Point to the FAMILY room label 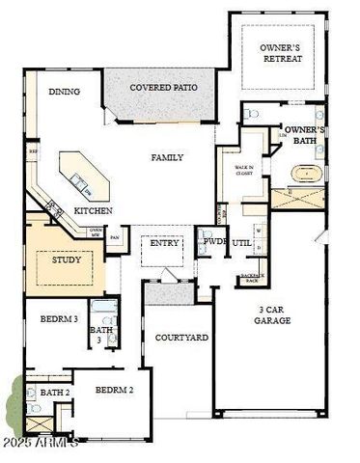click(x=167, y=157)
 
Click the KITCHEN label click(x=94, y=210)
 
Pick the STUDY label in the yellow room click(x=66, y=259)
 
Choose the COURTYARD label click(x=181, y=338)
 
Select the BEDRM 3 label click(x=59, y=317)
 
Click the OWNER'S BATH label click(x=303, y=135)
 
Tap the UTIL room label click(x=241, y=243)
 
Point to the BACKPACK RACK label click(x=251, y=278)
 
